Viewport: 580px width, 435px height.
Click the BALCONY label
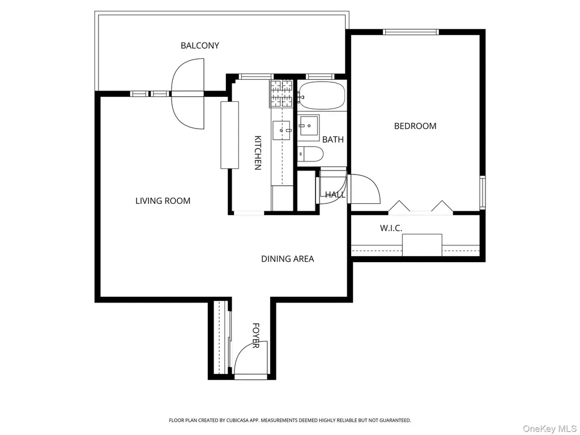200,45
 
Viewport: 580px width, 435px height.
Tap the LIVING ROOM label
163,201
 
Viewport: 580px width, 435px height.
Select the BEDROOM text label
415,126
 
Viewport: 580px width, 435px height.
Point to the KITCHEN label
258,153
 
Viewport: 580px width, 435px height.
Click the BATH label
333,139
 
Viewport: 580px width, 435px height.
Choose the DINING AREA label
287,259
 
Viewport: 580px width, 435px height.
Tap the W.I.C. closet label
391,228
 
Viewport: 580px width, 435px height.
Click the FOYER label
255,335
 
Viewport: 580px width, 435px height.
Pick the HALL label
335,195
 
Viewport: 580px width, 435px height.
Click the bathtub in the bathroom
322,95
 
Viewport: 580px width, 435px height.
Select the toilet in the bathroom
311,154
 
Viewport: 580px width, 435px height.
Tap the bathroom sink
309,127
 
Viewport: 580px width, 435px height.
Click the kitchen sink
283,130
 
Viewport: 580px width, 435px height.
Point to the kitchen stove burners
282,93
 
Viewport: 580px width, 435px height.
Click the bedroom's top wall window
411,32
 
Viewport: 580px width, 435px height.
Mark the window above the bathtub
321,77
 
